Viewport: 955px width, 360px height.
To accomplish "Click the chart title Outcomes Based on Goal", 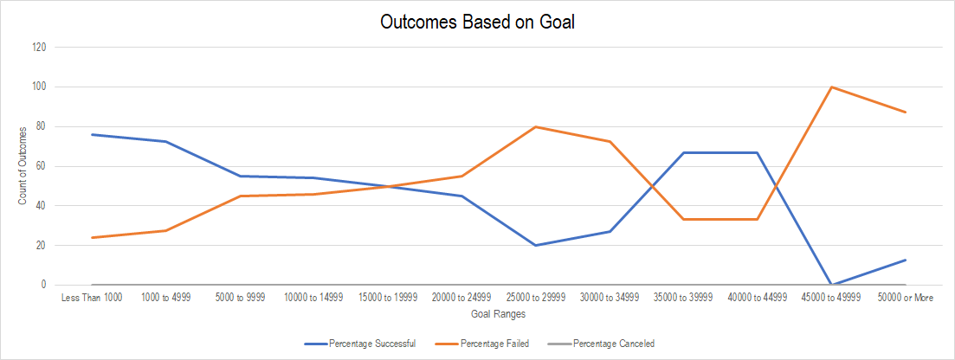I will coord(477,22).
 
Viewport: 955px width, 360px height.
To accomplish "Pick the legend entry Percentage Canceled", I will coord(614,344).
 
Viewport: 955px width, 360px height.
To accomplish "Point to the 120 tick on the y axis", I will coord(38,47).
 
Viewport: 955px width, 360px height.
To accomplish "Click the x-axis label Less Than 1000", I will coord(92,298).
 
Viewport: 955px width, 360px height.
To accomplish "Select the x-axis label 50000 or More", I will coord(906,298).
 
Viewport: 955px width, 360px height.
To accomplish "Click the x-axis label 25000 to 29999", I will coord(536,298).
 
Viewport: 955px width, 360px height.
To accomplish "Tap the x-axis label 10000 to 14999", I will coord(313,298).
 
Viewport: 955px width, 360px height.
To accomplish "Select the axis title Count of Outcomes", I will coord(22,166).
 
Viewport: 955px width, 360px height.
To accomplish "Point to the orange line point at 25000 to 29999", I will coord(536,126).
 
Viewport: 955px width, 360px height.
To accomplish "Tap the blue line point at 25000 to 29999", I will coord(536,245).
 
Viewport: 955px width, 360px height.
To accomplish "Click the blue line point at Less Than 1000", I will coord(92,134).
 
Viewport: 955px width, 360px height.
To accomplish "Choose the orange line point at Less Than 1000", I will coord(92,237).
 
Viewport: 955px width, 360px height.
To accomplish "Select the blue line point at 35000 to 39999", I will coord(684,152).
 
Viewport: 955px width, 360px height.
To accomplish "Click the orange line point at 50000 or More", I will coord(906,112).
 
